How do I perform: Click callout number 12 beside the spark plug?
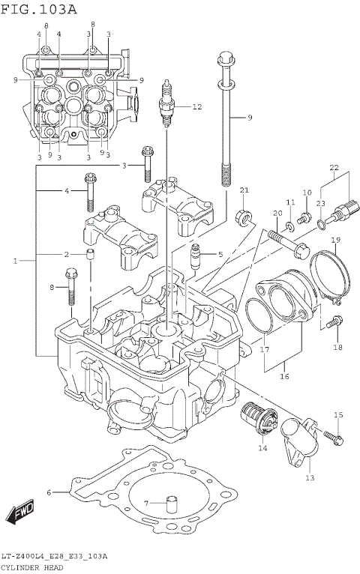click(x=196, y=107)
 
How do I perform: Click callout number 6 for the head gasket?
click(x=49, y=492)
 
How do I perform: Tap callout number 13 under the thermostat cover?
click(x=310, y=477)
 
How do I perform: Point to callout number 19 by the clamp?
click(x=336, y=240)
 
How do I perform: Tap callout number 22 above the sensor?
click(x=334, y=167)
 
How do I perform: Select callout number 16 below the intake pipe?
click(x=284, y=377)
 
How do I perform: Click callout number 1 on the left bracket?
click(x=16, y=261)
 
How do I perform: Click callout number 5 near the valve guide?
click(x=220, y=255)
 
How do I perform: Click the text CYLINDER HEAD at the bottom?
click(x=32, y=567)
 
